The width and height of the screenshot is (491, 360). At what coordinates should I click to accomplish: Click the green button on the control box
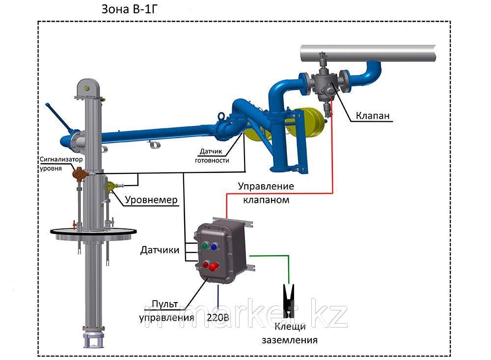[x=204, y=245]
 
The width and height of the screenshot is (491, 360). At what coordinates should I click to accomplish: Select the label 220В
[x=218, y=318]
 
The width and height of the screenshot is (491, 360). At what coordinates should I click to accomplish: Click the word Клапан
[x=373, y=116]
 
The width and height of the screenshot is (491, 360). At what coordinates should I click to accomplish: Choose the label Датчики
[x=160, y=250]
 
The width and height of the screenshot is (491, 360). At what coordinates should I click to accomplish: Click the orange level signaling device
[x=79, y=173]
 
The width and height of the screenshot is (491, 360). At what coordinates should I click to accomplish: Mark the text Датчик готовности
[x=212, y=156]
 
